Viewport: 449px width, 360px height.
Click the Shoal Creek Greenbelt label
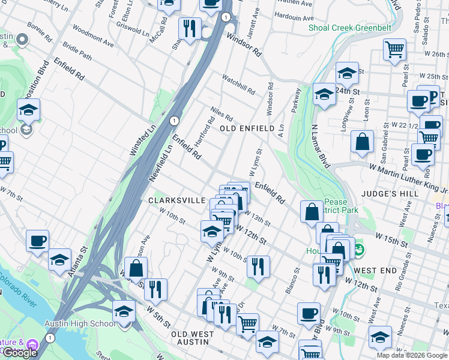pos(349,28)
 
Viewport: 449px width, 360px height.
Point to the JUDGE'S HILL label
pos(385,194)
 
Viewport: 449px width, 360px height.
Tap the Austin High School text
pos(79,324)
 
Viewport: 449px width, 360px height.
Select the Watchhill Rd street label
pos(238,85)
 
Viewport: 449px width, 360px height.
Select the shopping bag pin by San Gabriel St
pos(362,143)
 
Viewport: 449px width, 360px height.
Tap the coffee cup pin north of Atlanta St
pos(37,241)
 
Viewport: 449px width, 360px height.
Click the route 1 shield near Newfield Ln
pos(173,121)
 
